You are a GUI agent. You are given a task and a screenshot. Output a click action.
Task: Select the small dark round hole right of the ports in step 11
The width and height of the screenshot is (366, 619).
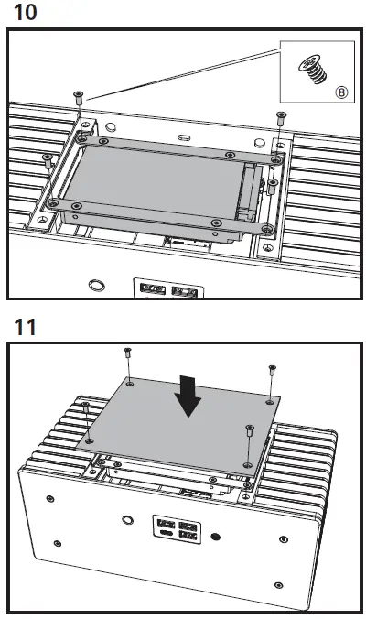[216, 535]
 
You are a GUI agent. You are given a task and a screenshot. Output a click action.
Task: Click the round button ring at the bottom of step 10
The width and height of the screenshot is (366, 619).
[94, 286]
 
